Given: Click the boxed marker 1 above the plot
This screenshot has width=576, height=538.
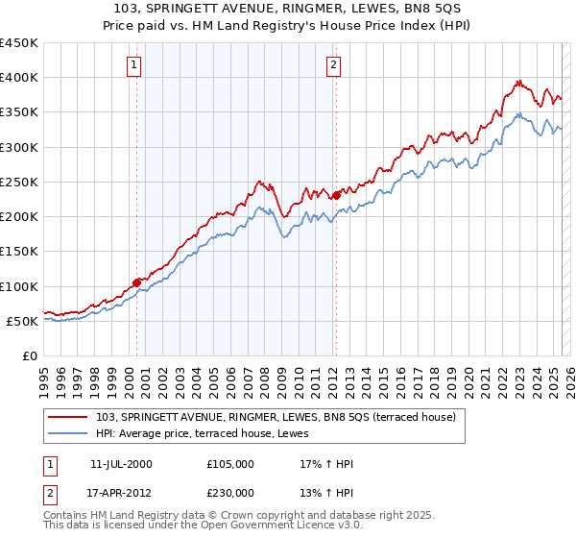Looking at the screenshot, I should (x=133, y=65).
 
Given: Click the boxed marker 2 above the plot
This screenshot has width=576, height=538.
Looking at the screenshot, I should (x=333, y=65).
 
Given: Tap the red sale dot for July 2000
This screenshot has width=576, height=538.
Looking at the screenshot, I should (x=137, y=282).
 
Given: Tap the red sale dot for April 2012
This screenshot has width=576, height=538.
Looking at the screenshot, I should (x=336, y=196).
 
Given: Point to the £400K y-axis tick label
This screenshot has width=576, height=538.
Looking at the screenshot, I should (x=19, y=78).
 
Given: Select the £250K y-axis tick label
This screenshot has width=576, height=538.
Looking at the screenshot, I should (x=19, y=182).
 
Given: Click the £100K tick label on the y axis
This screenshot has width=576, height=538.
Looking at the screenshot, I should (x=19, y=286).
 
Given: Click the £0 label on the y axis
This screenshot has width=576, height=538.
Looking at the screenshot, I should (x=29, y=355).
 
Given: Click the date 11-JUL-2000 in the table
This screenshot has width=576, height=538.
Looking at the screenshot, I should (x=121, y=464).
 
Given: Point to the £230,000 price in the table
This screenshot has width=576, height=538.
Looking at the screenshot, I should (x=230, y=491).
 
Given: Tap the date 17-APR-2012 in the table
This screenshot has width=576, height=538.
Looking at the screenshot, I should (x=121, y=491).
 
